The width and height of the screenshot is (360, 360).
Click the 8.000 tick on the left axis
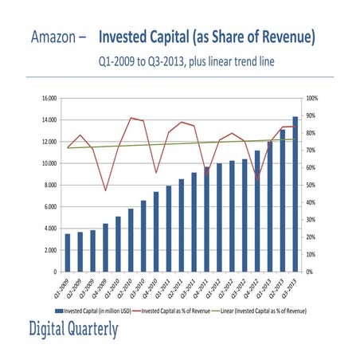pyautogui.click(x=48, y=185)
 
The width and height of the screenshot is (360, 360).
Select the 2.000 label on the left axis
pyautogui.click(x=48, y=250)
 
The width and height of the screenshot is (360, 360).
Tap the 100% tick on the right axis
pyautogui.click(x=312, y=98)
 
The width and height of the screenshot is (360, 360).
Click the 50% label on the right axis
pyautogui.click(x=311, y=185)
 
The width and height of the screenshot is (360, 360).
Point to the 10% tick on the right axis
pyautogui.click(x=311, y=254)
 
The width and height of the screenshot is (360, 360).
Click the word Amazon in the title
pyautogui.click(x=54, y=37)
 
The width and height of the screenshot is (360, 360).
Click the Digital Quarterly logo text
pyautogui.click(x=73, y=329)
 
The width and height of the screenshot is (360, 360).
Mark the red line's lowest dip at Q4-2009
pyautogui.click(x=105, y=190)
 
